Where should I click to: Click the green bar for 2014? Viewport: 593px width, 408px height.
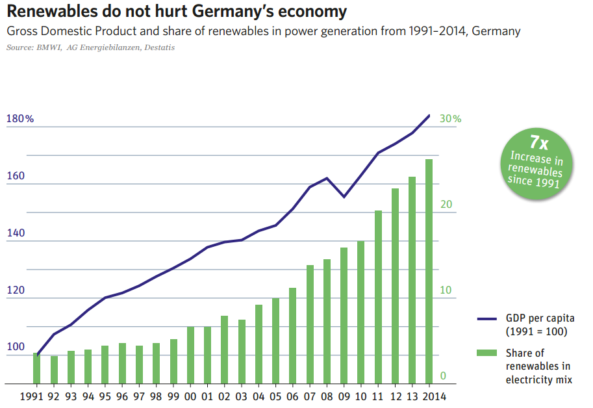429,271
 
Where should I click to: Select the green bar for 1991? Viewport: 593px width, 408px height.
37,368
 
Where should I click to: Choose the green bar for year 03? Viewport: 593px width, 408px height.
242,351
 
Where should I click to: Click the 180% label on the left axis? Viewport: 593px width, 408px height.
19,119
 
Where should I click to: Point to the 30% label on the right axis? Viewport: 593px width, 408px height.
450,119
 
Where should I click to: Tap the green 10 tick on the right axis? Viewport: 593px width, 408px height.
445,290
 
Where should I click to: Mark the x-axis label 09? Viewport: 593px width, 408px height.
344,395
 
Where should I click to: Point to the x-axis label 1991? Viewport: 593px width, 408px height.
33,395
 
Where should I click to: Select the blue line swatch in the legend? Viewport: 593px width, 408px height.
487,319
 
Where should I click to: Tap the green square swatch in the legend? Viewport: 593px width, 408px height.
487,353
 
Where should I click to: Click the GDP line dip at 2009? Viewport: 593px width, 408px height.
344,197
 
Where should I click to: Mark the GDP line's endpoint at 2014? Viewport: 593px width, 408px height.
429,116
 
